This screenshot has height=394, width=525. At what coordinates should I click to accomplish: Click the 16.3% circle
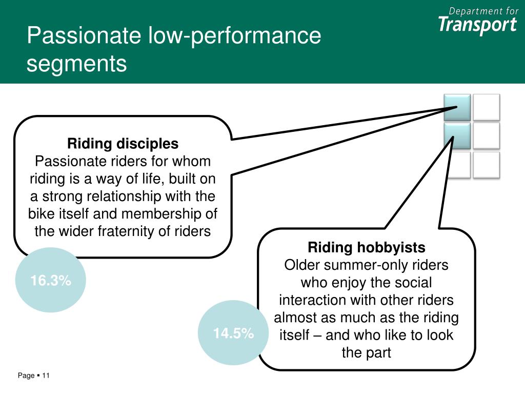50,280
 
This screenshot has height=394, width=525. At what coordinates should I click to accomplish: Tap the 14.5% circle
233,333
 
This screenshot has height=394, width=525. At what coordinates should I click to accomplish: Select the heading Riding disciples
123,144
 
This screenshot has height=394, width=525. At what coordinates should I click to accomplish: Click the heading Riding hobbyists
367,248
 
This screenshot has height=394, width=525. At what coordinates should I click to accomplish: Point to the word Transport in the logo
477,25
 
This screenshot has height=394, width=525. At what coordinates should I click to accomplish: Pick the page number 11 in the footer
46,376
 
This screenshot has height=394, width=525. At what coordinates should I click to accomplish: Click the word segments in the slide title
76,64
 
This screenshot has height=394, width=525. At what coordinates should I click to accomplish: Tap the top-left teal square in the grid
457,107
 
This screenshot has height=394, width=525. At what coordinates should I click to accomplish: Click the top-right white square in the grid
486,107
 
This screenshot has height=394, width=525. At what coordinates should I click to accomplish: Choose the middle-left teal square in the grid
457,136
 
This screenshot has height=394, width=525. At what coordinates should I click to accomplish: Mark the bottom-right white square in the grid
486,165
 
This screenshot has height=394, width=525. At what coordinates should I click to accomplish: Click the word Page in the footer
26,376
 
